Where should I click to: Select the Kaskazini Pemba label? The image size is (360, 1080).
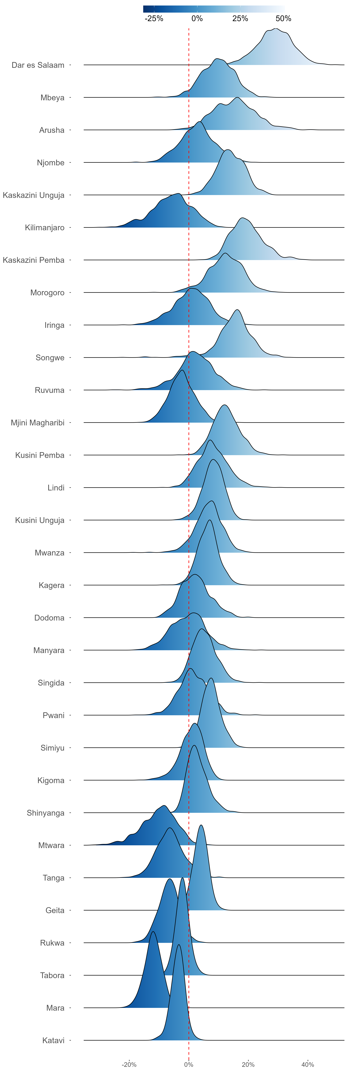coord(33,260)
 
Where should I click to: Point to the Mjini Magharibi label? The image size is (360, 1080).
coord(38,423)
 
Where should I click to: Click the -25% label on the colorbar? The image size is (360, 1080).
coord(154,18)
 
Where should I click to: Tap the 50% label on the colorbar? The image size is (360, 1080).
coord(283,18)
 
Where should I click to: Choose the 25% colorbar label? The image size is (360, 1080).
coord(240,18)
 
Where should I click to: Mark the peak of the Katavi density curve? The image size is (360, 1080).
coord(179,945)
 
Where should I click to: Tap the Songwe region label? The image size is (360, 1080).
coord(50,358)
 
